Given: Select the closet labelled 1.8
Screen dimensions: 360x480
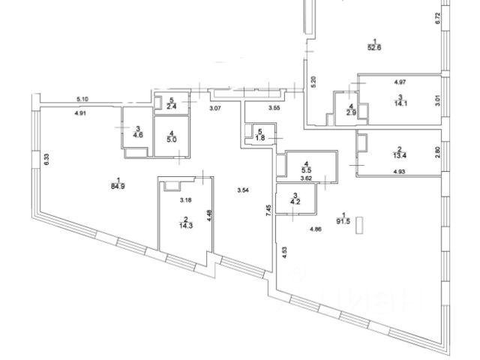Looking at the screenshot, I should click(260, 137).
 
